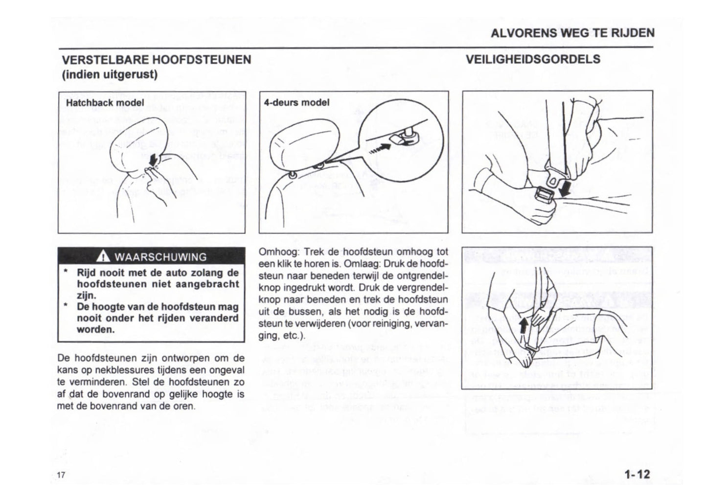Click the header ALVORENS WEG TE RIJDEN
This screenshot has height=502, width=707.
(572, 33)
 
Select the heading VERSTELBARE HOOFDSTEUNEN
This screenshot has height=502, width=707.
(156, 60)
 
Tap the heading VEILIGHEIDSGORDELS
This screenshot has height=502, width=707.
(533, 60)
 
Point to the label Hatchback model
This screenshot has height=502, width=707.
(105, 103)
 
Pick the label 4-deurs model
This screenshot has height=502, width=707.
(296, 103)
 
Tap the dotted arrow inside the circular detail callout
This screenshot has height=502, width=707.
(380, 148)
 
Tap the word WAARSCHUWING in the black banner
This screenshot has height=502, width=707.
(160, 257)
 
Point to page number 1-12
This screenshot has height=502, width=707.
(637, 474)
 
